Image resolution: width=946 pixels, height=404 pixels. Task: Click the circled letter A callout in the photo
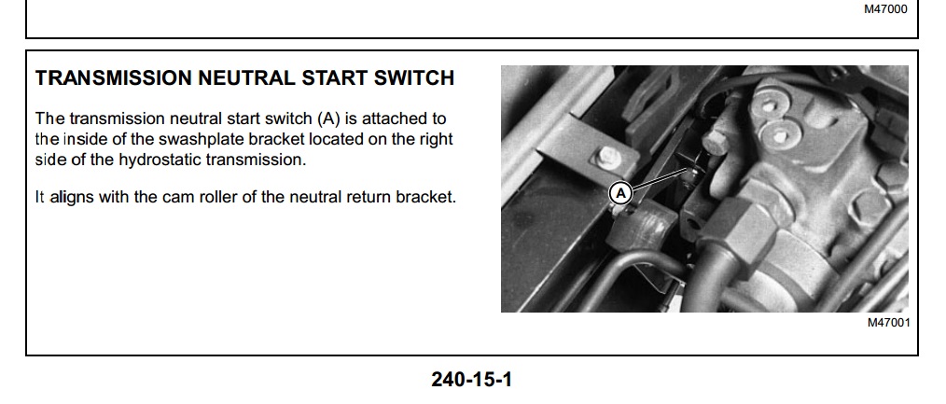point(620,193)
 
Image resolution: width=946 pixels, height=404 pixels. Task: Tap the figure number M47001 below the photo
point(889,323)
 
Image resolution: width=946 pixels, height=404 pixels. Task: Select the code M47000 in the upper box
point(885,9)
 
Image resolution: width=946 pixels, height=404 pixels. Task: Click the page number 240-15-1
point(472,380)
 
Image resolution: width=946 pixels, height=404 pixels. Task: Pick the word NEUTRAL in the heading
point(246,77)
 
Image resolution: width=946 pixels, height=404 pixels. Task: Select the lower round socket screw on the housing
point(778,136)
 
